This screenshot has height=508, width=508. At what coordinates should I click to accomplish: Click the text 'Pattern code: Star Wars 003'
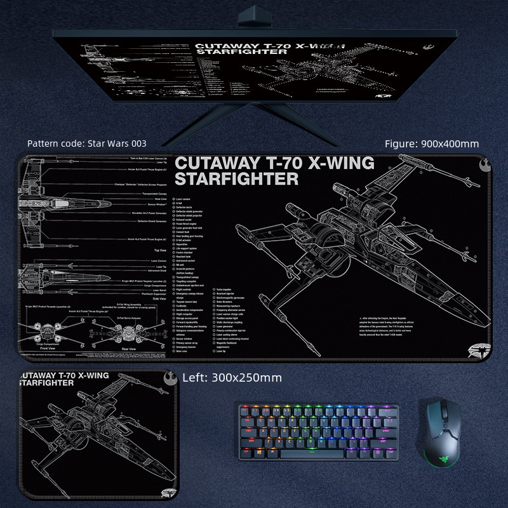click(87, 144)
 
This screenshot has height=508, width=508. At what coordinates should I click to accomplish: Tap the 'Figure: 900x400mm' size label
click(432, 144)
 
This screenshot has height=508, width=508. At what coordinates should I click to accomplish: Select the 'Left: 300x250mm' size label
click(232, 378)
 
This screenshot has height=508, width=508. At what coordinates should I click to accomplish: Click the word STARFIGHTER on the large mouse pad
click(236, 179)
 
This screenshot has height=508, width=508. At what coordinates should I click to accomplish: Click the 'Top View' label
click(159, 251)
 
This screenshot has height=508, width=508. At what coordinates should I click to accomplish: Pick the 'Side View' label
click(159, 298)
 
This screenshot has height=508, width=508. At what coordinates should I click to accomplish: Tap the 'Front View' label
click(48, 349)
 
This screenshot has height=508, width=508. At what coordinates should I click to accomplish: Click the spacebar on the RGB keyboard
click(313, 451)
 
